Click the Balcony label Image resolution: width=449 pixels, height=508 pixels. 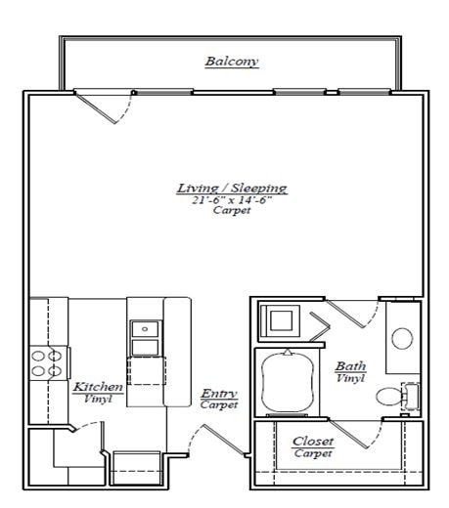(x=232, y=62)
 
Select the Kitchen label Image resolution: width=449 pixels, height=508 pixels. (x=98, y=387)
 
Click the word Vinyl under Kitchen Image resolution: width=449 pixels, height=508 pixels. (x=98, y=399)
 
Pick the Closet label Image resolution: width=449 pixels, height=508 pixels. (x=313, y=442)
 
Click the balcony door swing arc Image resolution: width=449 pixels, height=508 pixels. (x=115, y=107)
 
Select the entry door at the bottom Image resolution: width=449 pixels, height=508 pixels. (x=224, y=441)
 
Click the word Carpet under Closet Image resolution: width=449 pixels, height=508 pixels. (x=313, y=454)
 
